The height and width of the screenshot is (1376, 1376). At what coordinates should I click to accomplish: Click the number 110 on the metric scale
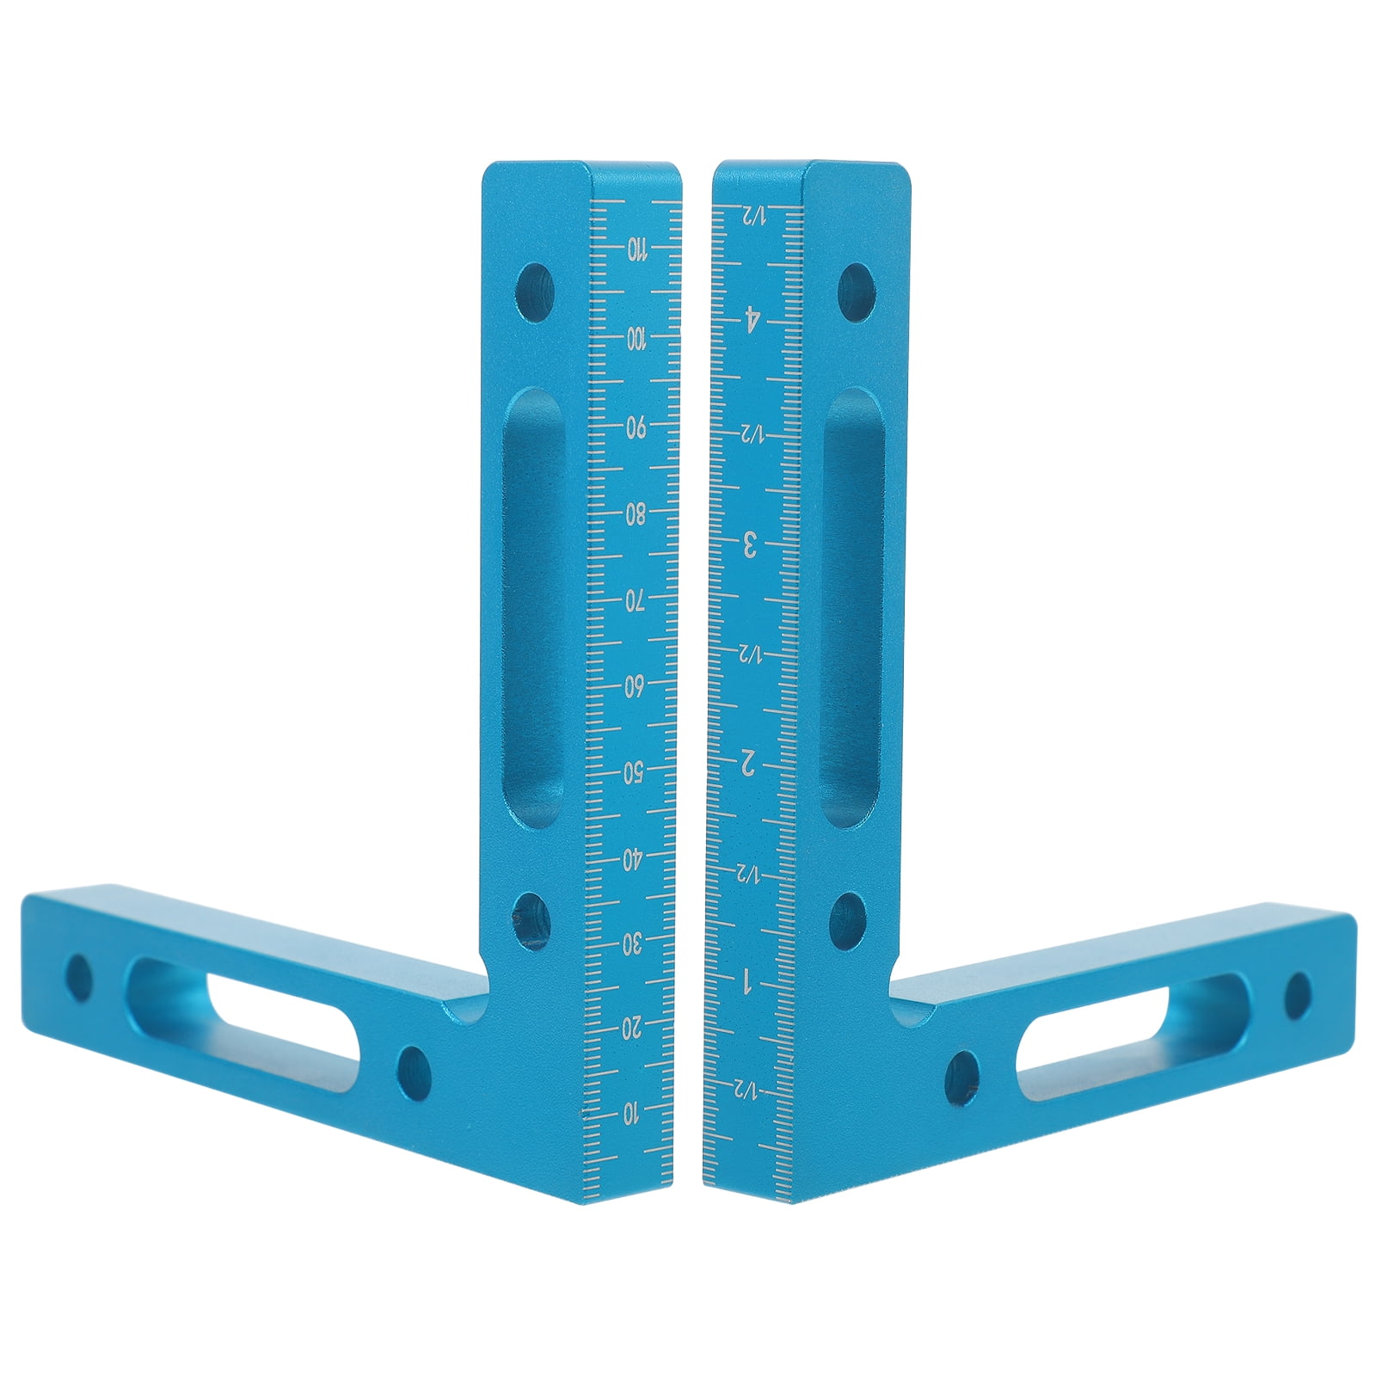pos(636,250)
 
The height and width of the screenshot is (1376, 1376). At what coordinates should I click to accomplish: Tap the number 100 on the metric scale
pos(636,339)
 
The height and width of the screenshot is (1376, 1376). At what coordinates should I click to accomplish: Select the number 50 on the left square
pos(636,771)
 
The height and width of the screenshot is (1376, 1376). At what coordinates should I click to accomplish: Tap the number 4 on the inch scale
pos(751,322)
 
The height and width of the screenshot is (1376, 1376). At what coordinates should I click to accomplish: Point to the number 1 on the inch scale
pos(751,979)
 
